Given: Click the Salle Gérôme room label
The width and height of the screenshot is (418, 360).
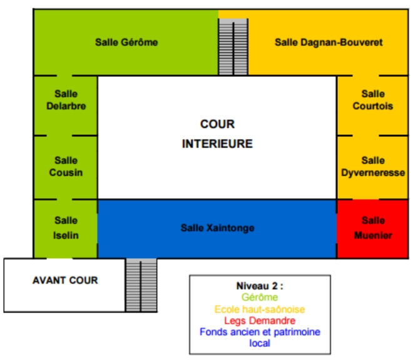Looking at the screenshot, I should [x=126, y=42].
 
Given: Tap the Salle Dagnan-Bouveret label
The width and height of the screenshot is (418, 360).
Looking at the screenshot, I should [x=328, y=42].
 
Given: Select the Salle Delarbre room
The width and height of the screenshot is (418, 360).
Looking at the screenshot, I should [x=66, y=100].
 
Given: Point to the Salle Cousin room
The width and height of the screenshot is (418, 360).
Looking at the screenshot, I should [x=66, y=167].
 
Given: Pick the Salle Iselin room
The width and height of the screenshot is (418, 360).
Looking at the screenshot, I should [x=66, y=227].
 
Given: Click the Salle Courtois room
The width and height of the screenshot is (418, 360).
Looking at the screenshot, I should [x=373, y=100].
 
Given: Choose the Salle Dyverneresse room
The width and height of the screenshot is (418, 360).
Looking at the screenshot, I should [x=373, y=167].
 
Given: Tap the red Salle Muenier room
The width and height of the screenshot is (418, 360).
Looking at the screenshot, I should [x=373, y=227].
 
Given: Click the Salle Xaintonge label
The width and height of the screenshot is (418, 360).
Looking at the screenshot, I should [x=217, y=228].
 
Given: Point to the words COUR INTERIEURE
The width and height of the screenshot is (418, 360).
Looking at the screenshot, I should [x=217, y=134].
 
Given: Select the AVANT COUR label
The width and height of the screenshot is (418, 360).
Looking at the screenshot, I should [x=65, y=280].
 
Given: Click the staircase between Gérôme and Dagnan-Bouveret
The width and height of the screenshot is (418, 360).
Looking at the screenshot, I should [x=233, y=47].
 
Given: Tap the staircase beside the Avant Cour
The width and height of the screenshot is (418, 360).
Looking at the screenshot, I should [x=141, y=284].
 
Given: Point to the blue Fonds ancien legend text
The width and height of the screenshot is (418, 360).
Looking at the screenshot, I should [x=260, y=332].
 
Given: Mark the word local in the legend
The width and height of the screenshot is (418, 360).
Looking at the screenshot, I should [x=259, y=343].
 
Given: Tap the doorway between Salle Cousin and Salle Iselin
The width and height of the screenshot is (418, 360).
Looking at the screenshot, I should [x=65, y=200].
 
